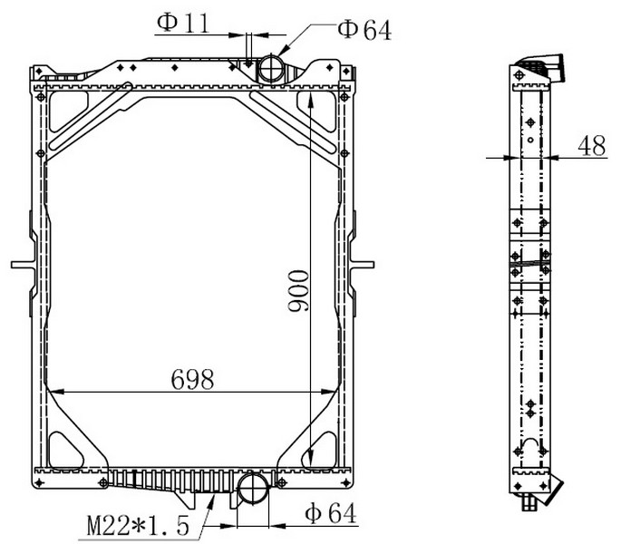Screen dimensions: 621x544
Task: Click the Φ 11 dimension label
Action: [x=183, y=23]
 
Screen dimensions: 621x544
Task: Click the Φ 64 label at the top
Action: [x=364, y=30]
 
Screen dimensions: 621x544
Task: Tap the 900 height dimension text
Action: [x=298, y=291]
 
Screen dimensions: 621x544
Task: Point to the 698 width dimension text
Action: [x=192, y=379]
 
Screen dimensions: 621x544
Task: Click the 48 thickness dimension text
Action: [x=592, y=145]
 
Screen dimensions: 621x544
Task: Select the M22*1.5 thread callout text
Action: [x=138, y=525]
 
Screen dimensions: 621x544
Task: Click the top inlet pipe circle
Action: [x=271, y=68]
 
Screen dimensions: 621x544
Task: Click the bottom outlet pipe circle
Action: [x=253, y=488]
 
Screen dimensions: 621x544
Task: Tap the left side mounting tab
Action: [x=24, y=264]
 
